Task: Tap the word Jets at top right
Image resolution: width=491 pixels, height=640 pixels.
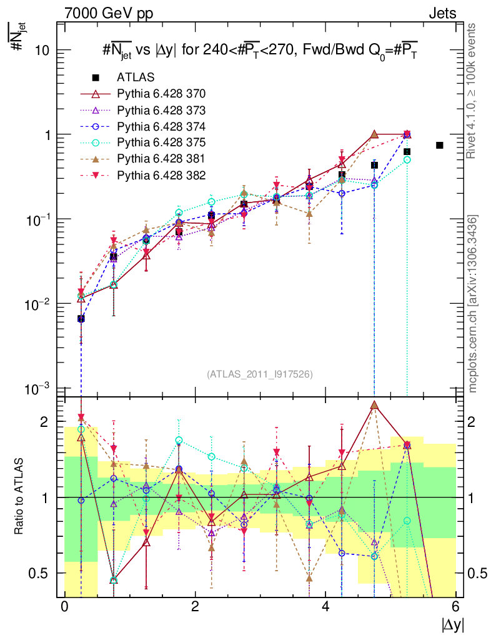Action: [442, 12]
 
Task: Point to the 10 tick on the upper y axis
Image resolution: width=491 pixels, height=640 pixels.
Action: [42, 51]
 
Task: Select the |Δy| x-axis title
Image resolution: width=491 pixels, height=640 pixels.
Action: [453, 625]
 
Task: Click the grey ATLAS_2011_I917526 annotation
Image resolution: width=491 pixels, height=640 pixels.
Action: [260, 374]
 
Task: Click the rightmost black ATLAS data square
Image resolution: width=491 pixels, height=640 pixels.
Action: [440, 146]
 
